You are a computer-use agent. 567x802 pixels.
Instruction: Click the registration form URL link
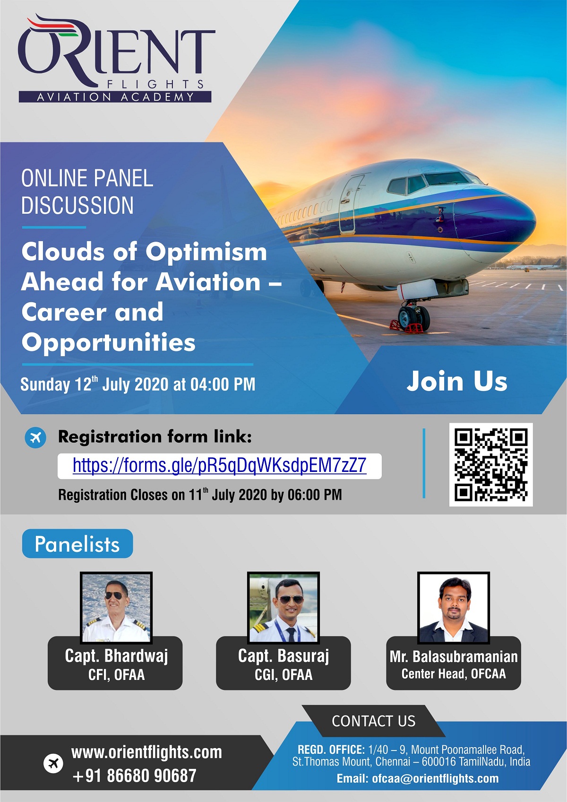click(x=219, y=465)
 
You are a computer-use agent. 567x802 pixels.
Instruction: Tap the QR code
click(x=491, y=464)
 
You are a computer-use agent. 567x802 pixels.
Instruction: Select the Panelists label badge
click(x=77, y=543)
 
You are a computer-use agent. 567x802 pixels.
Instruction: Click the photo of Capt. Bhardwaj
click(x=116, y=607)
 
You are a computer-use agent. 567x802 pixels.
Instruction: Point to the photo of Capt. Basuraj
click(x=283, y=607)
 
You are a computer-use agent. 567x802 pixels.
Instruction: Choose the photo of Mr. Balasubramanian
click(x=454, y=607)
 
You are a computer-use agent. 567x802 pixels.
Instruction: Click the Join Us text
click(x=457, y=381)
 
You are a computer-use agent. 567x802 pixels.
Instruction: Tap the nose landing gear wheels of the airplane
click(x=414, y=318)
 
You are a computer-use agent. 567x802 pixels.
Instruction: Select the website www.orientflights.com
click(x=146, y=752)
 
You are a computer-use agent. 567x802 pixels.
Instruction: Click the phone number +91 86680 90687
click(x=134, y=776)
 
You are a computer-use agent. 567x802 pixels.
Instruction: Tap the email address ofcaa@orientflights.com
click(x=435, y=778)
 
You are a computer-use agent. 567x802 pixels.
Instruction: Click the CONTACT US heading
click(x=373, y=721)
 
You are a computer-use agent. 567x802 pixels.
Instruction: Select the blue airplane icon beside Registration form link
click(x=35, y=437)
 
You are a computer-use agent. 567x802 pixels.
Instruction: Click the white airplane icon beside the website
click(x=53, y=764)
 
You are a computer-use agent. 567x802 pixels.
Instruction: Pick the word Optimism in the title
click(x=206, y=253)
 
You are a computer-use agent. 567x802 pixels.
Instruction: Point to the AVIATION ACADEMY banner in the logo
click(x=115, y=96)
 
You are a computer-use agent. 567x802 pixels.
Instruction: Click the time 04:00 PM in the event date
click(x=223, y=384)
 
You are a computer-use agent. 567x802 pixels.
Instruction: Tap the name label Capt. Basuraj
click(x=283, y=656)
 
